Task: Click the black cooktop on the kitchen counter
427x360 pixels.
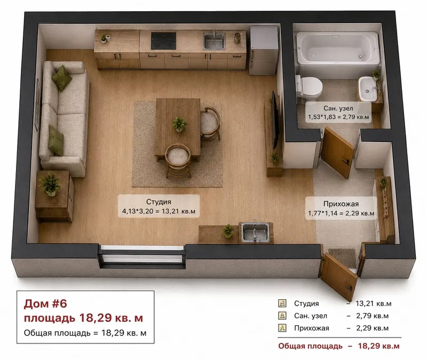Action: [163, 41]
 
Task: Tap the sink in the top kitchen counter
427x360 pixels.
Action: [215, 41]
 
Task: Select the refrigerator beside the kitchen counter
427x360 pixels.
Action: [264, 50]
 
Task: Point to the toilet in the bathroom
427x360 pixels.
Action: [309, 86]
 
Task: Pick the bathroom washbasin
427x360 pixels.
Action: [368, 89]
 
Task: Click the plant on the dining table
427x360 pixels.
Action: [179, 124]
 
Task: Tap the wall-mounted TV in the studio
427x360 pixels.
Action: [275, 119]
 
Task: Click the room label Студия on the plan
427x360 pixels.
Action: [159, 202]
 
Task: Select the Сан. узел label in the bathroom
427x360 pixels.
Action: [338, 108]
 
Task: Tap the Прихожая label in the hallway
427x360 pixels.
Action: [341, 204]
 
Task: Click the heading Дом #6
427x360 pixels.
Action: [45, 303]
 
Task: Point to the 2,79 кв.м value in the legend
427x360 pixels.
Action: [372, 316]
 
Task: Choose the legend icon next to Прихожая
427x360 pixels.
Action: [282, 328]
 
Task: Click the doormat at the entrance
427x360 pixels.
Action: [343, 258]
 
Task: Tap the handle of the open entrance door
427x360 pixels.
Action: [349, 288]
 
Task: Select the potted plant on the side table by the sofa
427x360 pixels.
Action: [50, 184]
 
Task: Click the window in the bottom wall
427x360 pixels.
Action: [142, 257]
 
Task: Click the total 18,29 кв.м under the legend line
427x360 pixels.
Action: [378, 346]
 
